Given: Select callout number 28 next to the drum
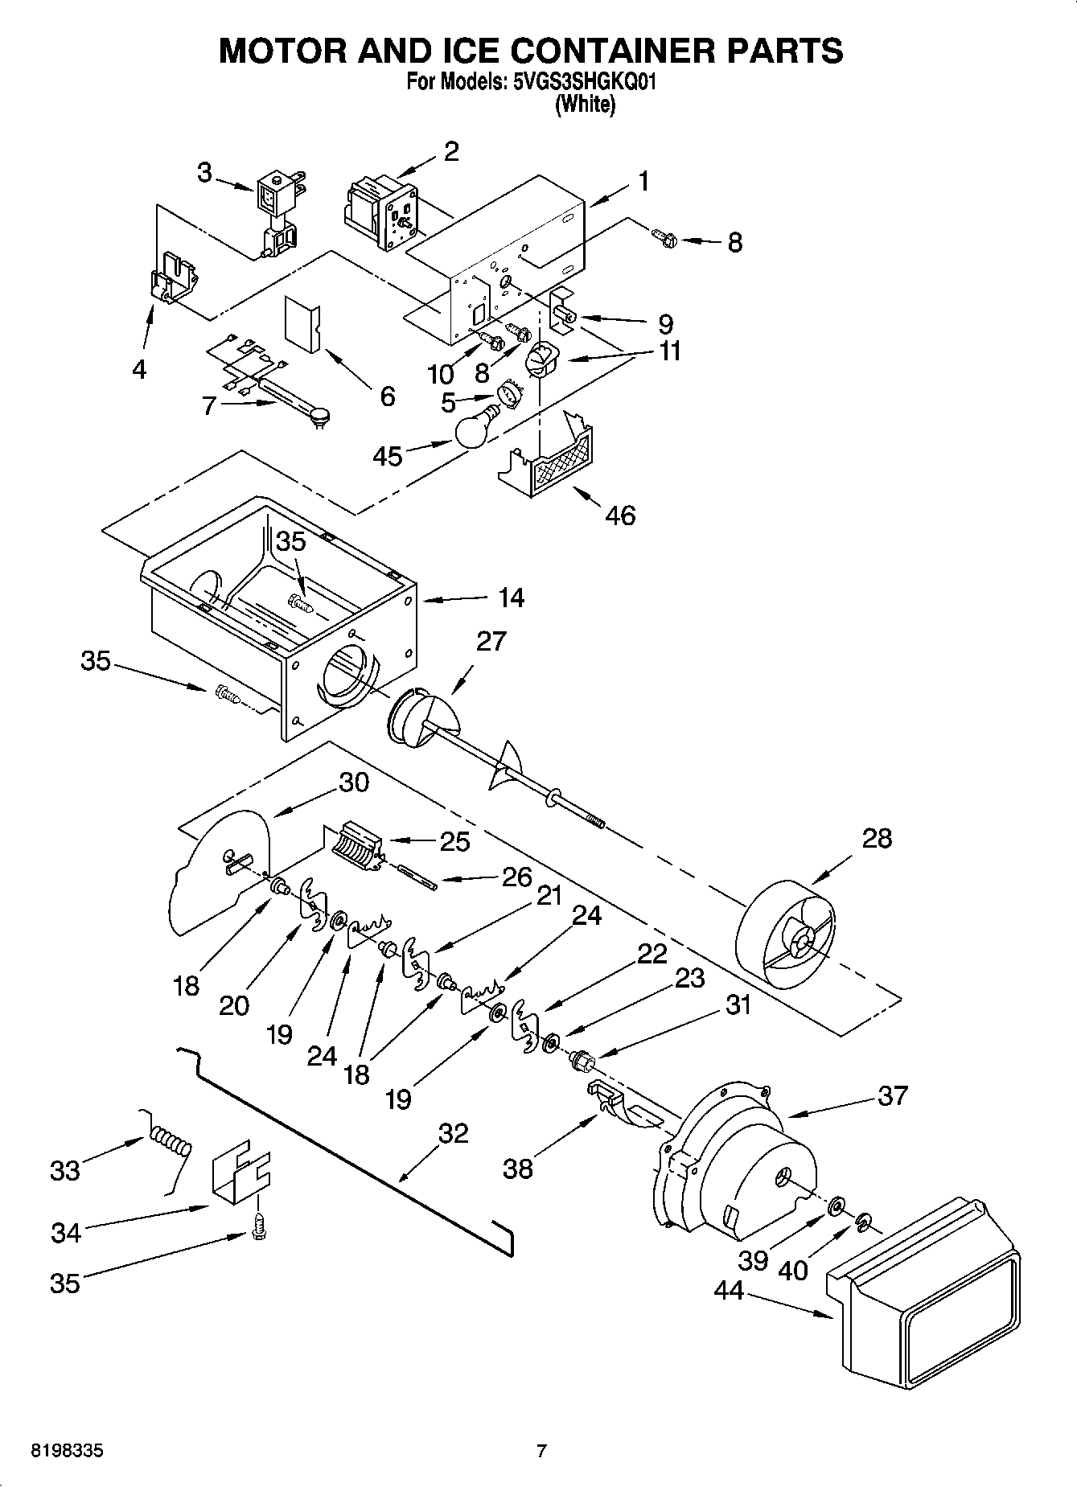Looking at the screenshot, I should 877,838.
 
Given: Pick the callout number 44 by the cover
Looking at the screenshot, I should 730,1290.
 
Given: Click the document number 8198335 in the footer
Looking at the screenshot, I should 67,1452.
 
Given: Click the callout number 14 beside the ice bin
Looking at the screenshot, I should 511,598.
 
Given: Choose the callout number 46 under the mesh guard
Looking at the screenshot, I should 619,515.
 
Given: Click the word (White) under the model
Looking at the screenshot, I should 586,105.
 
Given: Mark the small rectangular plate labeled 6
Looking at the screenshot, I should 302,323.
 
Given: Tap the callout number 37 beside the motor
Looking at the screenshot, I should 892,1095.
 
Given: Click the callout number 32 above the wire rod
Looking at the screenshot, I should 453,1133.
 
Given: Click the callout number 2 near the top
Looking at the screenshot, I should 451,150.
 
